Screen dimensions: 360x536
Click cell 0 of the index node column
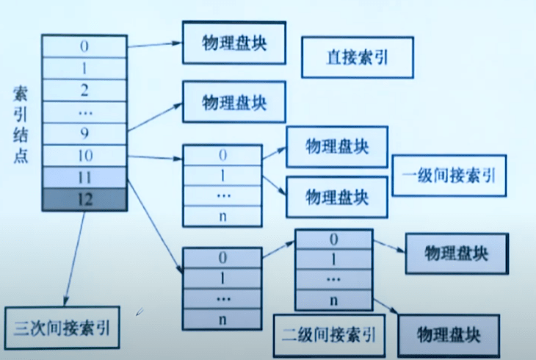(84, 46)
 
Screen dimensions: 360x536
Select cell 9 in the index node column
(84, 134)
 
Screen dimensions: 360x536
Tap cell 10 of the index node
(84, 156)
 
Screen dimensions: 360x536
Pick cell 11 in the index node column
(84, 177)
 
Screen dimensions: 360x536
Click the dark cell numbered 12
(84, 198)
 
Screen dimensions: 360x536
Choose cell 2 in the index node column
(84, 90)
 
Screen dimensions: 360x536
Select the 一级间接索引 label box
(449, 176)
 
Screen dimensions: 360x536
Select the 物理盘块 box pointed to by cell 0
(233, 42)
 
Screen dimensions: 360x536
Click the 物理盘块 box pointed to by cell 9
(233, 100)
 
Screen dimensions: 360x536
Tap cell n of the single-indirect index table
(222, 216)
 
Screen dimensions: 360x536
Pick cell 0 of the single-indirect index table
(222, 156)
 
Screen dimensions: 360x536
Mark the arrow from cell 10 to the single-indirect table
(155, 156)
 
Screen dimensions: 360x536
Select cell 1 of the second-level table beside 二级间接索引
(335, 259)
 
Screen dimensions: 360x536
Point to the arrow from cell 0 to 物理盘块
(154, 43)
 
